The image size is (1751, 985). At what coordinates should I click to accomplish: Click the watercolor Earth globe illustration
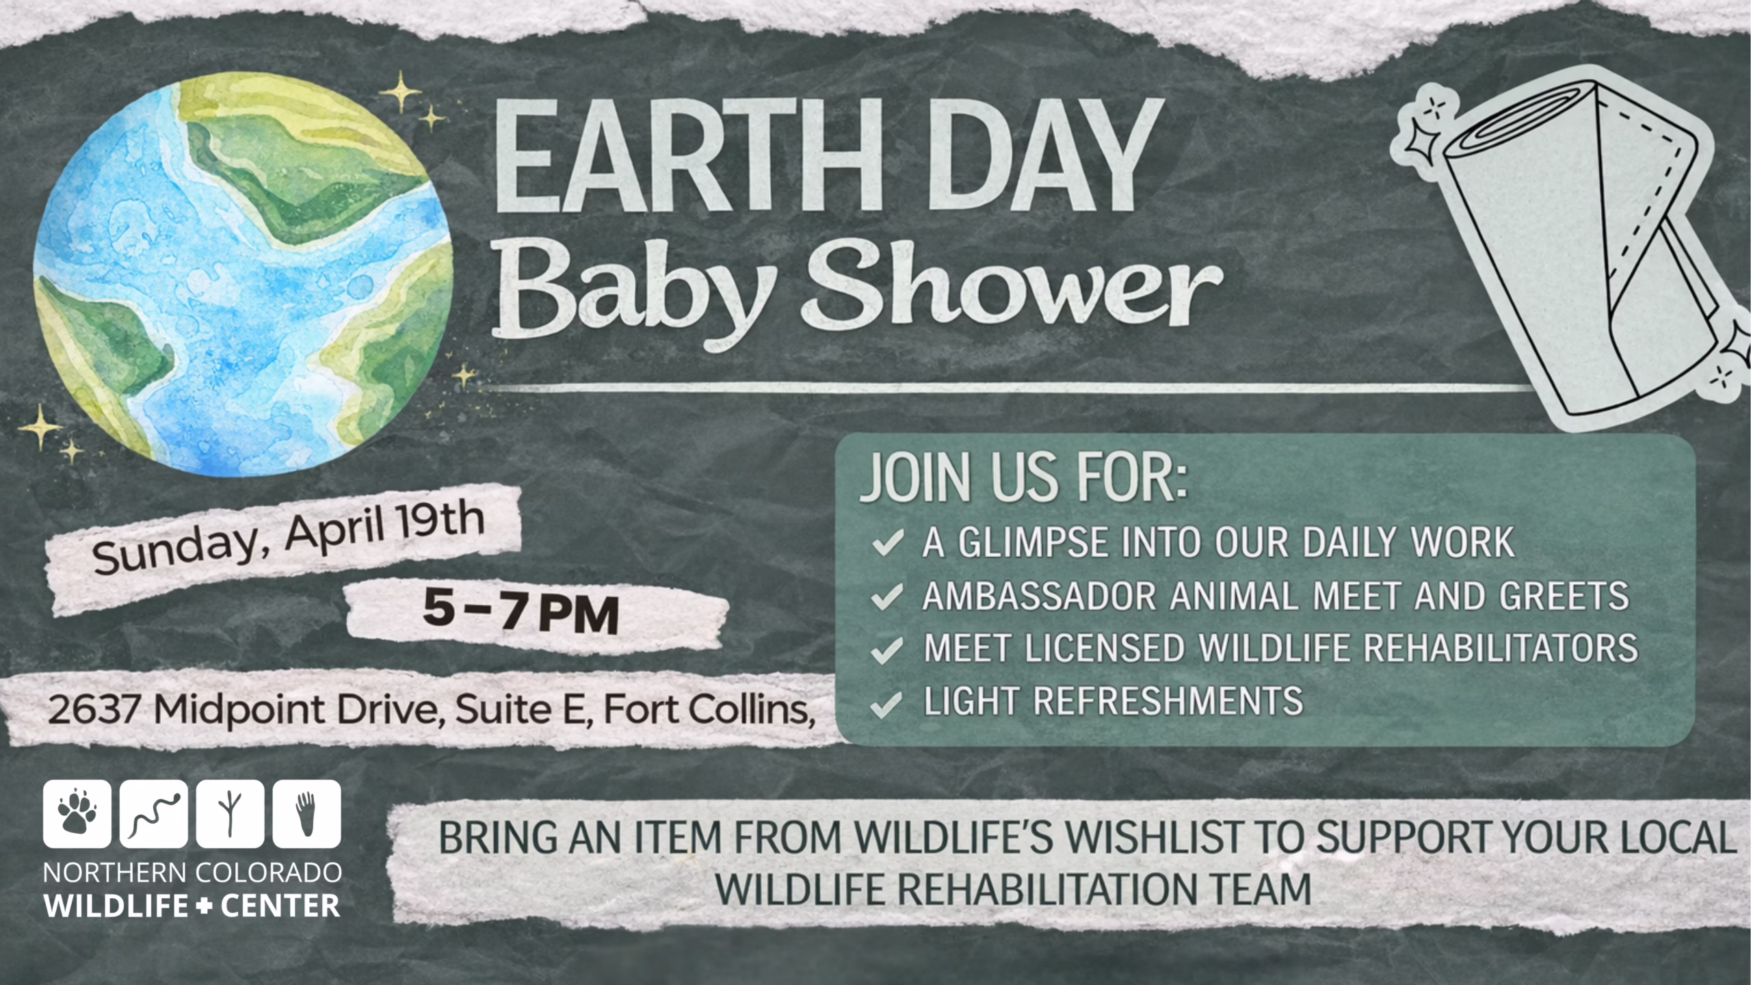[x=243, y=274]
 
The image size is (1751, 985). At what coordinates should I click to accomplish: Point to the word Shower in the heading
[x=1012, y=287]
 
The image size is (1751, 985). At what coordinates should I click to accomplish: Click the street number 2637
[x=94, y=709]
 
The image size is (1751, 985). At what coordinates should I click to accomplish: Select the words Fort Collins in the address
[x=708, y=709]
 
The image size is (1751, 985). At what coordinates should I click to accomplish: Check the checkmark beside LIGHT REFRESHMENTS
[x=886, y=704]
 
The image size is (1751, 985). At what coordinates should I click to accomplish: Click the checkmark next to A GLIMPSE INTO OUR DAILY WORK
[x=888, y=543]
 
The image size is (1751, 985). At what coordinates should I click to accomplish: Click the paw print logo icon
[x=77, y=813]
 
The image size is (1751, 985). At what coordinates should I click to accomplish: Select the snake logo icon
[x=154, y=813]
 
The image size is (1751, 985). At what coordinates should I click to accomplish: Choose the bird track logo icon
[x=231, y=813]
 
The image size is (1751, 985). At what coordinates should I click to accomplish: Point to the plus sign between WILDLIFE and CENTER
[x=204, y=907]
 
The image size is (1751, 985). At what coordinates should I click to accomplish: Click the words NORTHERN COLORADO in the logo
[x=192, y=873]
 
